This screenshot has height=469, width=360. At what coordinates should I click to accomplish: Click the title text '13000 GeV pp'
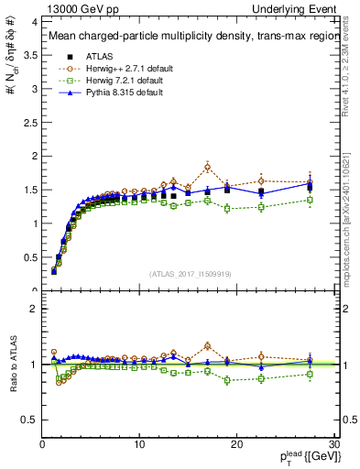pos(73,7)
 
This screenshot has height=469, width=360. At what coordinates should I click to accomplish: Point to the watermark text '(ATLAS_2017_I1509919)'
pos(189,273)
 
